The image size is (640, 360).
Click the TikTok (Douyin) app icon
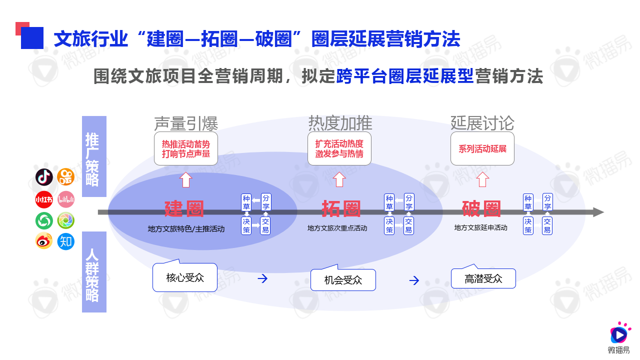pos(44,177)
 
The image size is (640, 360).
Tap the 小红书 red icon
pos(44,199)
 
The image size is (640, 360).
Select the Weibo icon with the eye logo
pos(44,241)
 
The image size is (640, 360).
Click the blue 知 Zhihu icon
pos(66,241)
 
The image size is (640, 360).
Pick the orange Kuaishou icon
pos(66,177)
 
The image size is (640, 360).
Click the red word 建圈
pos(184,209)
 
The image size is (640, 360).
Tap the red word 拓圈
pos(341,209)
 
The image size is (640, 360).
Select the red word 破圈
pos(481,209)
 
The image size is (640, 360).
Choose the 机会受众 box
pos(343,280)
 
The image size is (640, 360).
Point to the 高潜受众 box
pos(483,278)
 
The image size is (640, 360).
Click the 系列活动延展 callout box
pos(482,148)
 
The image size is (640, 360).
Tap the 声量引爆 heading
pos(186,123)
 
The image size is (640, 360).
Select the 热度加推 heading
pos(340,123)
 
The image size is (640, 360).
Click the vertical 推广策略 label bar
pos(94,156)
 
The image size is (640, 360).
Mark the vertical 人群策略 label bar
pos(94,272)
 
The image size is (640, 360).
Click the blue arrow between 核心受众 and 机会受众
pos(262,278)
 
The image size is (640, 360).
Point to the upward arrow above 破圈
pos(482,179)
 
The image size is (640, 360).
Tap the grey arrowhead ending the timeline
pos(598,212)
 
